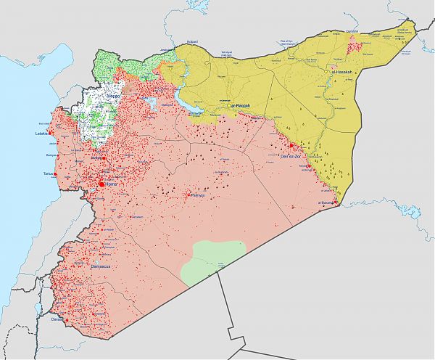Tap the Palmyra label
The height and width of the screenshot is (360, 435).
click(x=197, y=195)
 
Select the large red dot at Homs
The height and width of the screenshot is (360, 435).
click(x=100, y=184)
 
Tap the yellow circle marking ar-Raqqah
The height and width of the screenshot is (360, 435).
click(x=228, y=106)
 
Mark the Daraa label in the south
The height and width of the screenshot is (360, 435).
click(x=57, y=319)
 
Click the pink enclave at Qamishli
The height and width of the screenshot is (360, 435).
click(x=355, y=47)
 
